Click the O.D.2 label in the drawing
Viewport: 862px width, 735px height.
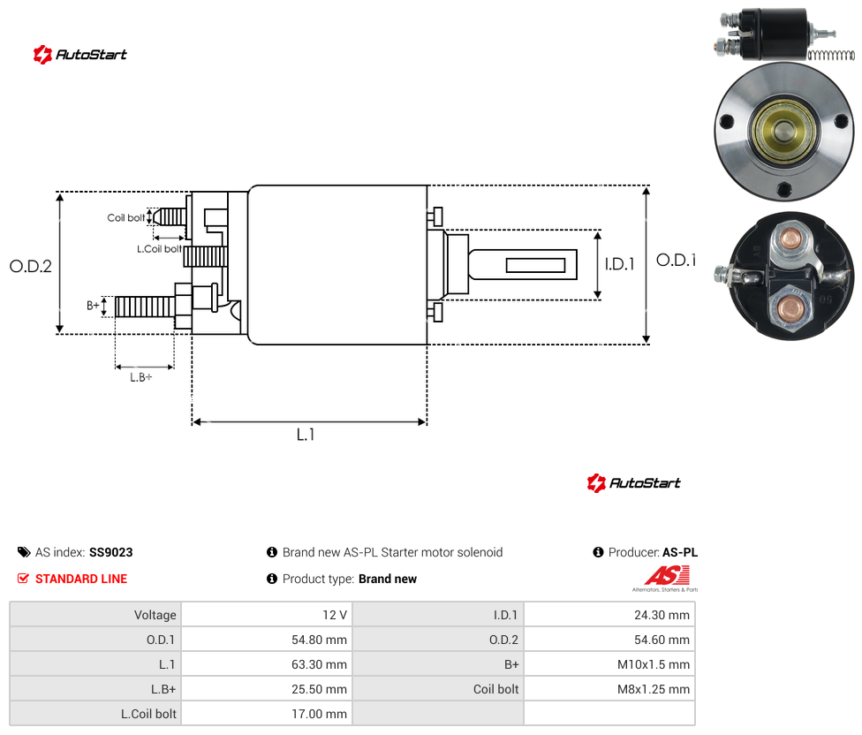point(31,266)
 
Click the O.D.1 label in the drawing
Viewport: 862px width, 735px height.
point(676,260)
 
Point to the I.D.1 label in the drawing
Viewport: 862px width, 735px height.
point(620,264)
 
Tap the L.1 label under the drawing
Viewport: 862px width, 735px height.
point(306,435)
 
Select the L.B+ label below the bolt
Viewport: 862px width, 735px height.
point(141,377)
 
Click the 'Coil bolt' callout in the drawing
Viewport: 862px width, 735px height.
point(126,217)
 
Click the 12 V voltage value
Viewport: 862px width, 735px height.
point(335,615)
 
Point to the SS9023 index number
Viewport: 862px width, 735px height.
point(111,552)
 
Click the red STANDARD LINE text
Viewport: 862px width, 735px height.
point(81,579)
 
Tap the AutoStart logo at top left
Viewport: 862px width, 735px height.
point(80,55)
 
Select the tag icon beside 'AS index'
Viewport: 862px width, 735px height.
point(24,552)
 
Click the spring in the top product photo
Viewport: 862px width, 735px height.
point(831,55)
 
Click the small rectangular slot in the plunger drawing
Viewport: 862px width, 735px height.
point(535,265)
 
